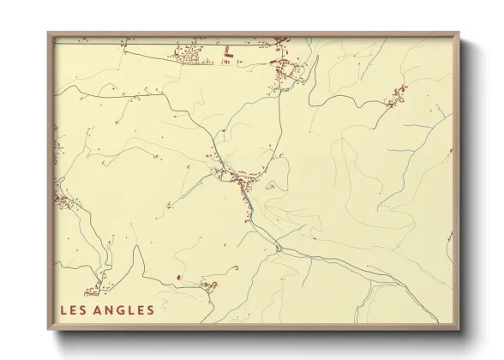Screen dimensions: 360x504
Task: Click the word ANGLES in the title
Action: coord(123,309)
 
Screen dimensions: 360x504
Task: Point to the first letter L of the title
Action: coord(63,309)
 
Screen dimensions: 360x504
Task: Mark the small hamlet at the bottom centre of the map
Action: coord(208,286)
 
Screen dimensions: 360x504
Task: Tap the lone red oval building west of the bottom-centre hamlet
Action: coord(177,278)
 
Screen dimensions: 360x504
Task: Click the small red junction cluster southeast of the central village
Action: coord(279,249)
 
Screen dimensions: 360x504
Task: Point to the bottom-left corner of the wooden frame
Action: coord(49,329)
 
